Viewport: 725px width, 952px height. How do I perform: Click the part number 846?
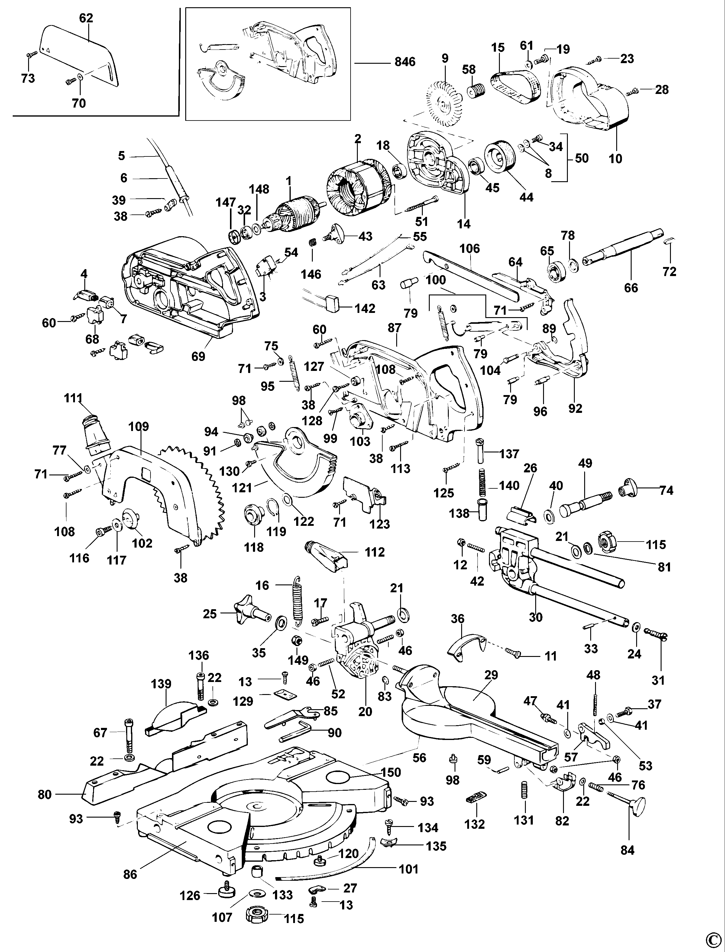click(x=404, y=63)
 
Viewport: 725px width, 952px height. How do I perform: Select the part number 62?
click(x=86, y=18)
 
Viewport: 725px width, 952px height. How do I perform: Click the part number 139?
click(x=161, y=684)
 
